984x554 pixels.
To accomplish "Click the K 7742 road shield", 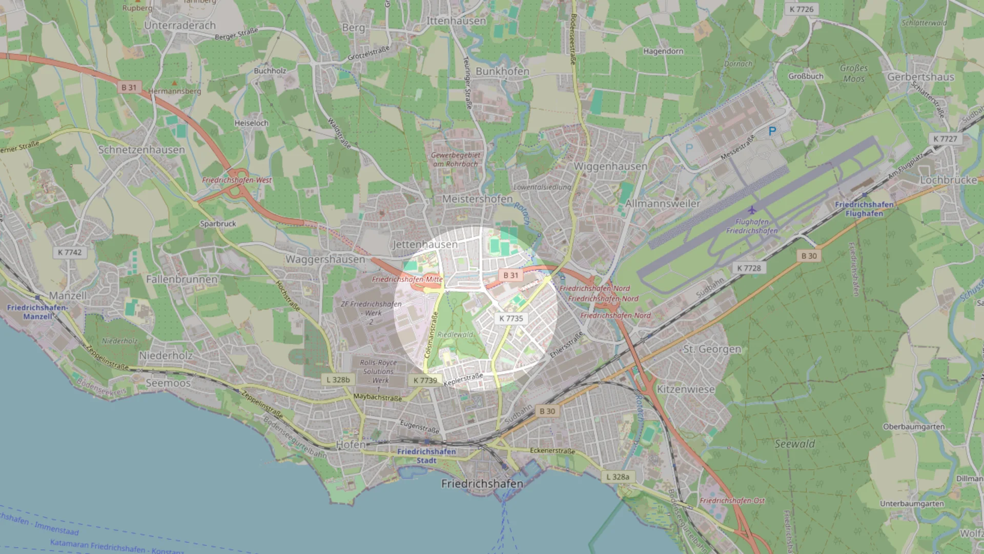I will (x=70, y=252).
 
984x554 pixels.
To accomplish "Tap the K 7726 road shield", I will (x=801, y=9).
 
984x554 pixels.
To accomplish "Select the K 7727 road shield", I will (x=945, y=138).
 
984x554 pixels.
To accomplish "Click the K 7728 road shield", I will (x=749, y=268).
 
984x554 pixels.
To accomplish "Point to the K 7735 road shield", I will (x=511, y=318).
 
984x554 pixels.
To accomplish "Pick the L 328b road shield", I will (x=338, y=380).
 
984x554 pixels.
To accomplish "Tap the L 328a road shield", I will (x=618, y=477).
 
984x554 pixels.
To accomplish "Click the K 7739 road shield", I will (x=425, y=380).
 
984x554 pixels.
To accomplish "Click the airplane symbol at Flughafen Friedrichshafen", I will (x=752, y=210).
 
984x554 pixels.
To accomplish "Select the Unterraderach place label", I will (x=180, y=25).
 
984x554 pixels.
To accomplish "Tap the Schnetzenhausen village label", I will (x=141, y=150).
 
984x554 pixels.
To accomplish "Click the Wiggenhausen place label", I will (x=610, y=166).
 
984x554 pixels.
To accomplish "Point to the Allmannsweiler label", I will (x=663, y=204).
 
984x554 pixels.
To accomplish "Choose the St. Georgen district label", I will (x=712, y=349).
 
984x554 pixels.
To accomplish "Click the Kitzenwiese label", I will (x=686, y=389).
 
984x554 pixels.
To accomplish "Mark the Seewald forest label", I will (x=794, y=444).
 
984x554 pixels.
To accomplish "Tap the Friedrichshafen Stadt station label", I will (x=426, y=456).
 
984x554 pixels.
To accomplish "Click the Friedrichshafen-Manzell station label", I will (x=37, y=312).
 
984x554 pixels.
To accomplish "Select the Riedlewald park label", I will (x=455, y=334).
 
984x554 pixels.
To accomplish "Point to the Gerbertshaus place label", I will (x=920, y=77).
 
